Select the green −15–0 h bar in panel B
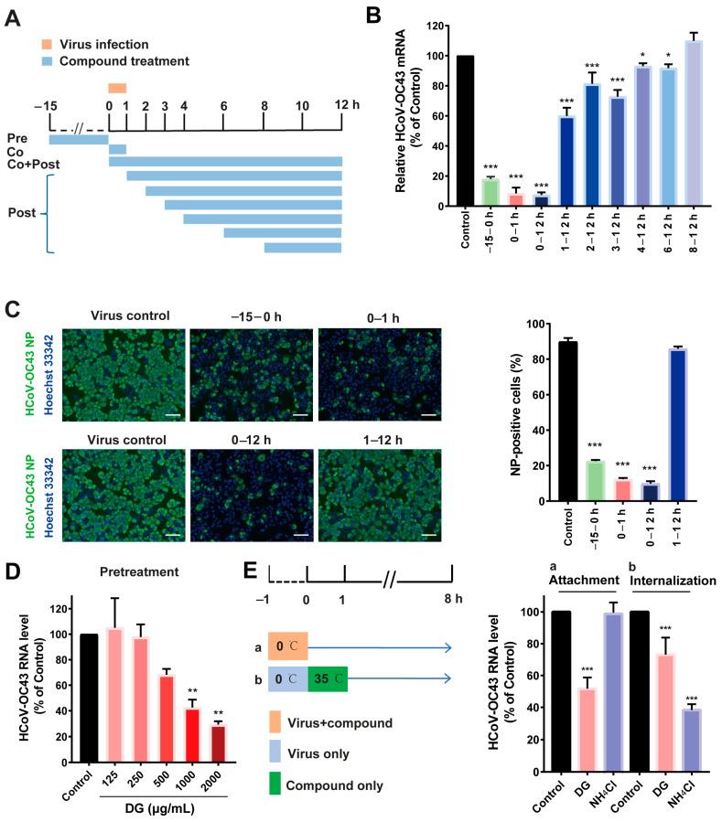pyautogui.click(x=490, y=192)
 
